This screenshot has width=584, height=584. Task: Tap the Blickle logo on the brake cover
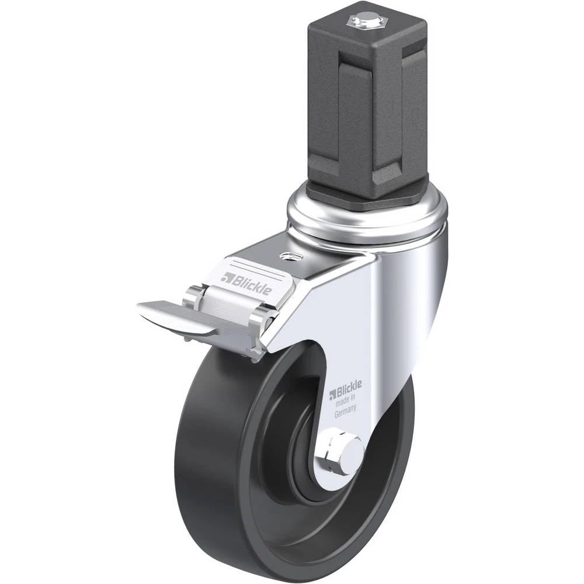click(246, 281)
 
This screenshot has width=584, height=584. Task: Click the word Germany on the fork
click(345, 412)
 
